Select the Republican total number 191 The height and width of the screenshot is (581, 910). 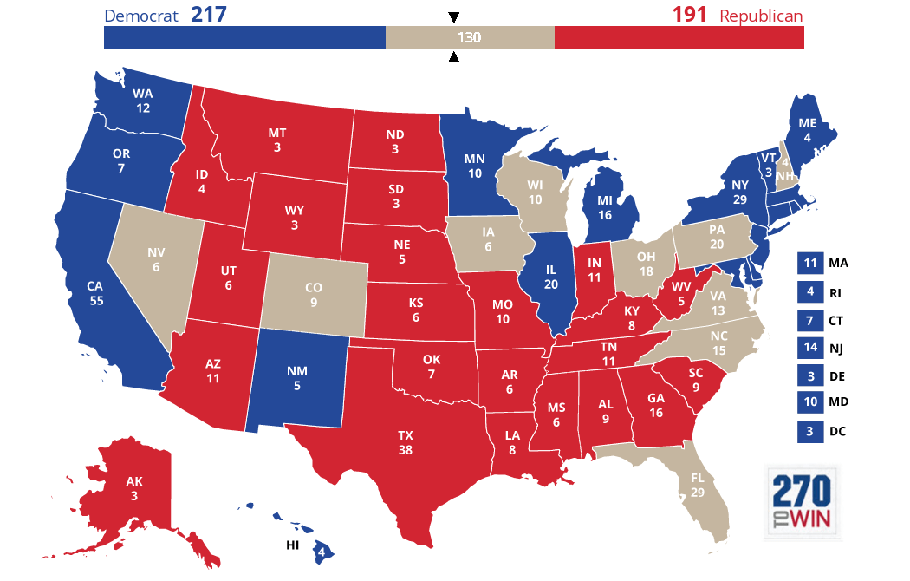690,15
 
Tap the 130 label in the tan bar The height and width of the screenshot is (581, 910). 469,38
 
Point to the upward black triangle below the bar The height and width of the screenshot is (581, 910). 453,58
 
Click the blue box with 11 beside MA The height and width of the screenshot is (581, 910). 809,264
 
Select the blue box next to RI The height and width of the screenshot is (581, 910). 809,292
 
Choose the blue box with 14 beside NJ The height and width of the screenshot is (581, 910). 809,348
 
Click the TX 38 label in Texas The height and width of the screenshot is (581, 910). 406,442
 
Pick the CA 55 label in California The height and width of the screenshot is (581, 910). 95,292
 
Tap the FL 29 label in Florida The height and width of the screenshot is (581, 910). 699,485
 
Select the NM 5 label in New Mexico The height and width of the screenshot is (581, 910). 297,377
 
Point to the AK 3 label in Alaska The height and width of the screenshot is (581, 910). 133,488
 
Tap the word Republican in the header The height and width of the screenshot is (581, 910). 761,16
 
